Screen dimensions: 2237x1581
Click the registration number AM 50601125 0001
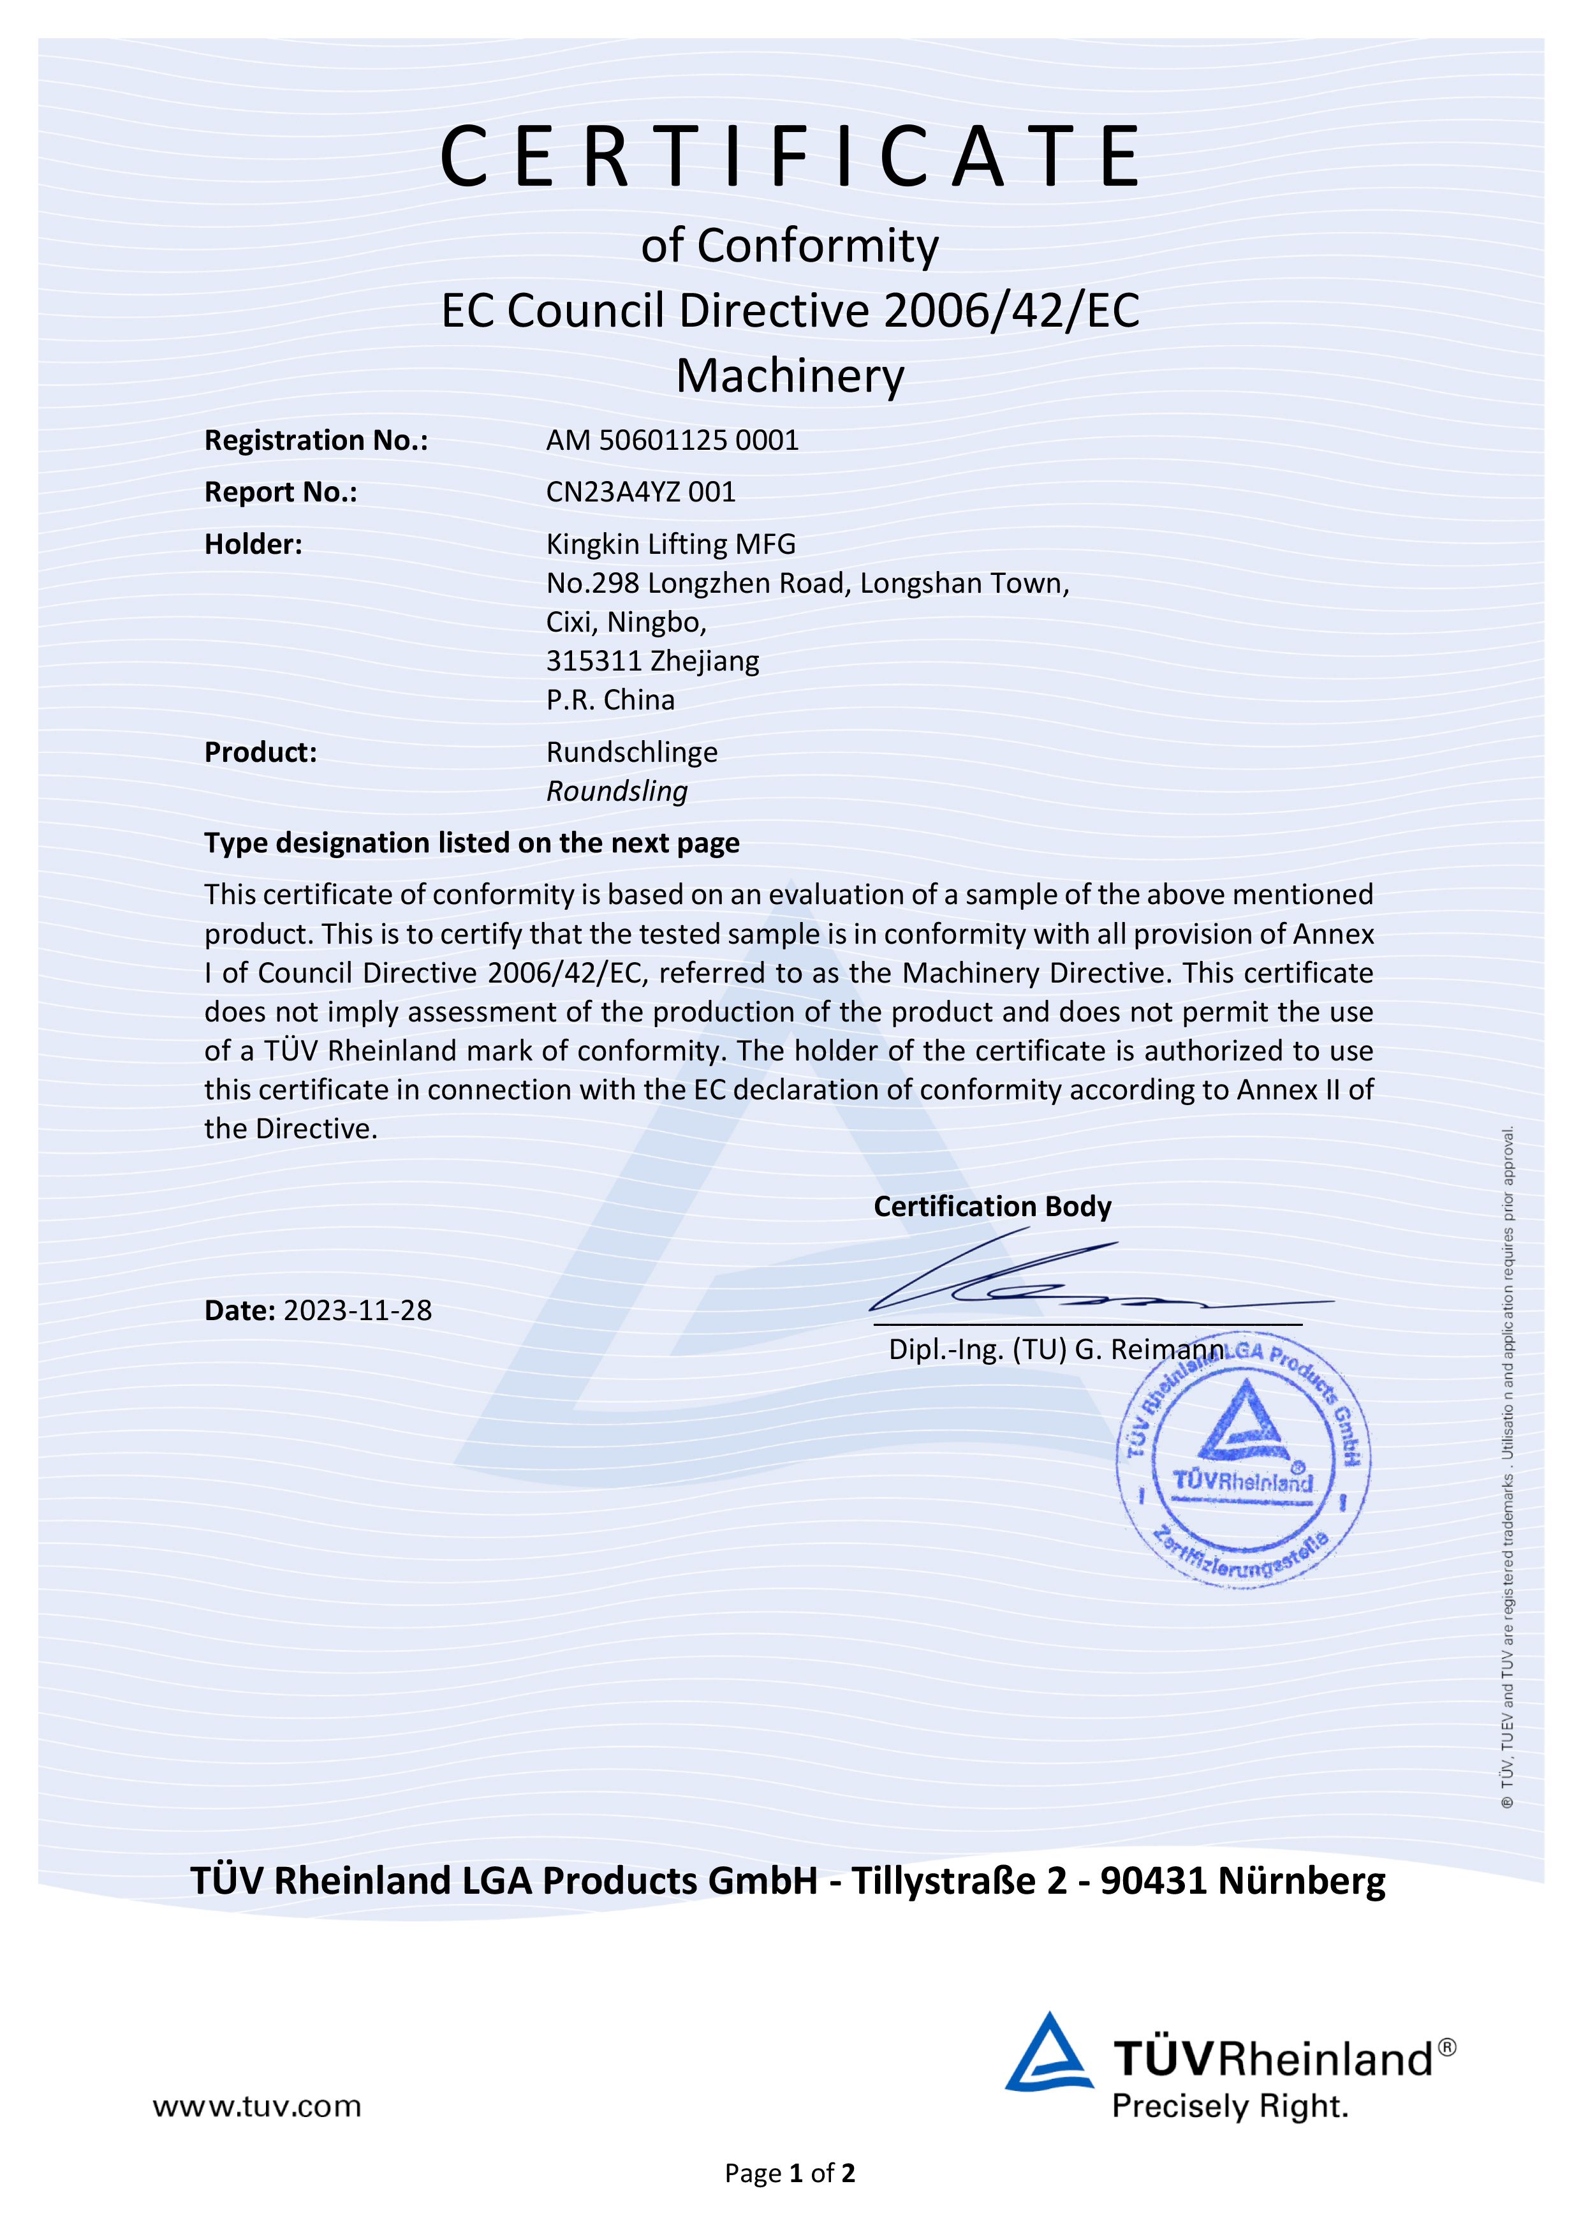coord(672,440)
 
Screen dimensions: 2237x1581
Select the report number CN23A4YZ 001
coord(640,492)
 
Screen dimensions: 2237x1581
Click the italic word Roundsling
coord(617,791)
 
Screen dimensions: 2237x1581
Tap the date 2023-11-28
coord(358,1311)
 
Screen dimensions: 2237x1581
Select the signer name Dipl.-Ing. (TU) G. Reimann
coord(1055,1349)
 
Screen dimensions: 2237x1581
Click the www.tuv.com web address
coord(256,2106)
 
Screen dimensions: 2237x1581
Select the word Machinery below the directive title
coord(790,375)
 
